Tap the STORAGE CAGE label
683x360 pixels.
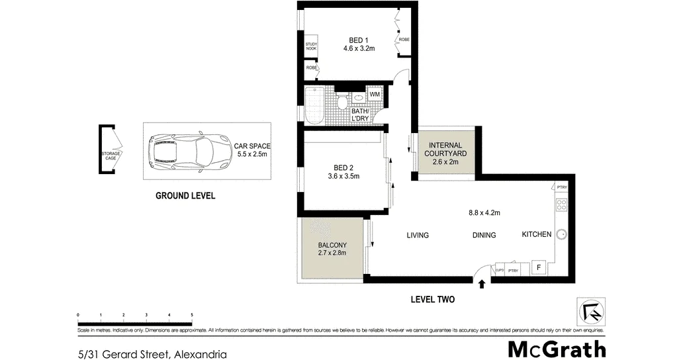111,156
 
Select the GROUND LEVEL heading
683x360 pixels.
185,196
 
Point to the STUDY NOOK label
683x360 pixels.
311,47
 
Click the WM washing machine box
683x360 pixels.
375,95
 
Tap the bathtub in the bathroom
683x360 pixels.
314,105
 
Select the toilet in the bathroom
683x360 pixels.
342,102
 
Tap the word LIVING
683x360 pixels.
418,236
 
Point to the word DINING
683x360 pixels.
484,236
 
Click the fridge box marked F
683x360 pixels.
539,268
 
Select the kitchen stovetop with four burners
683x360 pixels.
561,204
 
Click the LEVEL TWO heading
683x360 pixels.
433,300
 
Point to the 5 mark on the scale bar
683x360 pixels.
192,315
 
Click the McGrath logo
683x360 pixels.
557,349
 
